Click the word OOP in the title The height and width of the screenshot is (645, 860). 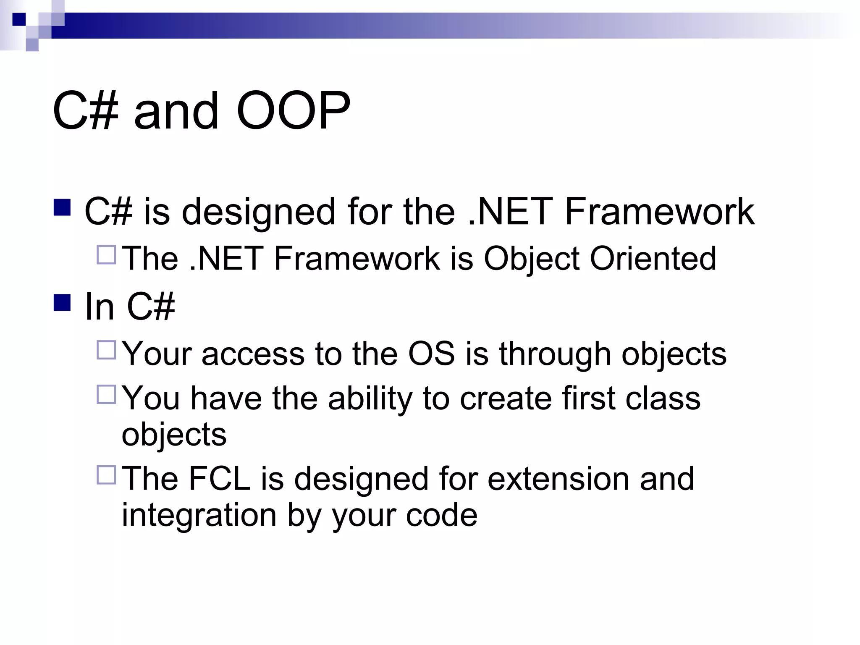pos(293,111)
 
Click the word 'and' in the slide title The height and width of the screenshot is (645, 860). pos(176,111)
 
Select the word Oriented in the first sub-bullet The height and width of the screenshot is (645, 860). pos(653,258)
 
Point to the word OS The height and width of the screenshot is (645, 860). pos(431,354)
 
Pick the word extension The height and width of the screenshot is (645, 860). pos(558,478)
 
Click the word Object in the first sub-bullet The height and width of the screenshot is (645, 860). pos(532,258)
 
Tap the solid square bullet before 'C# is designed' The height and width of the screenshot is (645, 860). pos(62,207)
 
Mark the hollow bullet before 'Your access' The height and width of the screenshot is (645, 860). pos(106,350)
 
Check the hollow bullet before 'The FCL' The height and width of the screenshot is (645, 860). pos(106,475)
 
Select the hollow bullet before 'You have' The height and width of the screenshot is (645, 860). pos(106,394)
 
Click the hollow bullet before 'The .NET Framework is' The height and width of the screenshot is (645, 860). pos(106,254)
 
